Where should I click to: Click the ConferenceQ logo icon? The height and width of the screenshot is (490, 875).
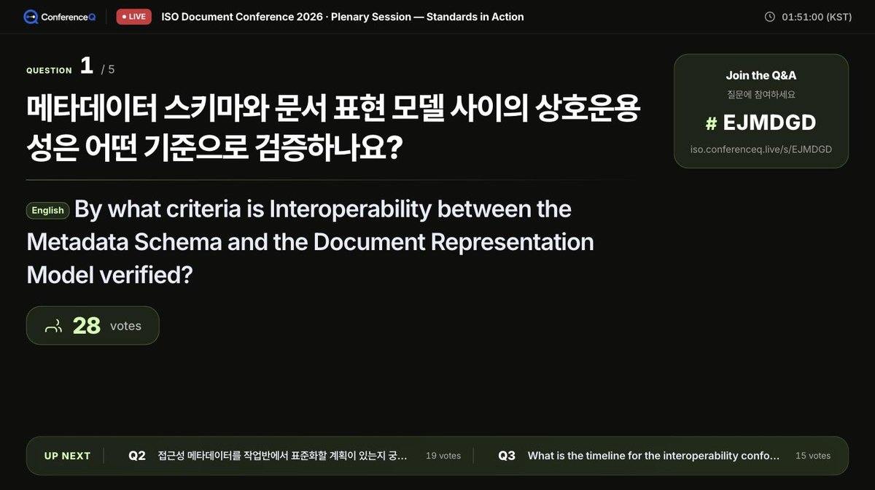31,17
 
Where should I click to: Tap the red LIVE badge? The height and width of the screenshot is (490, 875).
133,17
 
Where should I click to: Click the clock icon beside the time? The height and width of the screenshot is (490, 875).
769,17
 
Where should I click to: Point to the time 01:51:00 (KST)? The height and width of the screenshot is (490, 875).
817,17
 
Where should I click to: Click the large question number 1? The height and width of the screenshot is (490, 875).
87,65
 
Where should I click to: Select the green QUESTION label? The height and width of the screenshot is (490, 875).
50,71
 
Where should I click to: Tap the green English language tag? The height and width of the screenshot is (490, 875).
47,211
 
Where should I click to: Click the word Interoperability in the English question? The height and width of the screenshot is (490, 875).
351,209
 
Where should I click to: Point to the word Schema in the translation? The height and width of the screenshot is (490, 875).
178,242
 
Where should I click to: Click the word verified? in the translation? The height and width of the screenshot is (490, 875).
146,275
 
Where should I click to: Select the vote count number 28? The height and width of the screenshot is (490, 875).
86,325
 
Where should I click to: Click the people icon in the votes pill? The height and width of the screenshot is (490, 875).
53,326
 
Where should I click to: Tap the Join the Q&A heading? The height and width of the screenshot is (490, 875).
761,75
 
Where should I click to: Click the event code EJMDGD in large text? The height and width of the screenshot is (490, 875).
769,122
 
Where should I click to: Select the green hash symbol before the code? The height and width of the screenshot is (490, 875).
712,123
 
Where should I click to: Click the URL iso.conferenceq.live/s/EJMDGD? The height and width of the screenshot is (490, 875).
761,149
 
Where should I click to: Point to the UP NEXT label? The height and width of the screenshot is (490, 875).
67,456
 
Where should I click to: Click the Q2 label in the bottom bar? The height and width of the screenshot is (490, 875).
137,456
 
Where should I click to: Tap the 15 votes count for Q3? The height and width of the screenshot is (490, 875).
813,456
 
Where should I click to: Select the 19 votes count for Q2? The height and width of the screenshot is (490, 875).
443,456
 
